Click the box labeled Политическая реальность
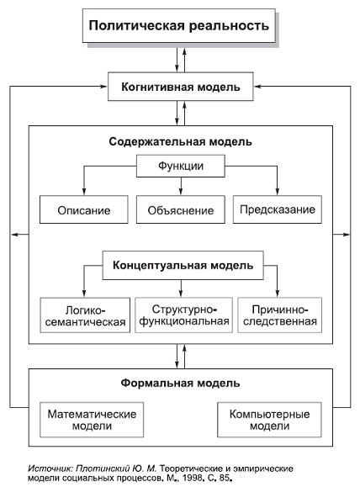180,25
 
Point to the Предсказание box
277,209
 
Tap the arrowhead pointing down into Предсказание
277,192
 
